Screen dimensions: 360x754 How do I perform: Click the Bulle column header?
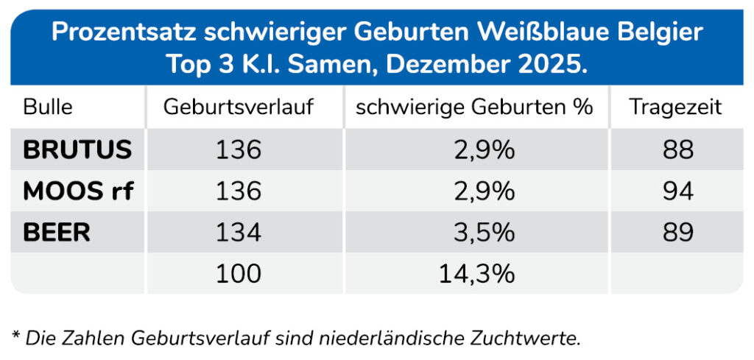[x=48, y=107]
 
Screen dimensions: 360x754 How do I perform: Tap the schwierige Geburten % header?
[x=474, y=107]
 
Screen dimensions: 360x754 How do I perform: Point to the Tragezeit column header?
[x=674, y=107]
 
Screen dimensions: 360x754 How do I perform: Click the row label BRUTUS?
[x=77, y=150]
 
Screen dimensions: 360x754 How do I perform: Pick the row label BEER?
[x=57, y=233]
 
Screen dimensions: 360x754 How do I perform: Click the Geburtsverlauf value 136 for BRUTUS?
[x=238, y=150]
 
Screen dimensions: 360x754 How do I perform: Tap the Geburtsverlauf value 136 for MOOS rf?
[x=238, y=191]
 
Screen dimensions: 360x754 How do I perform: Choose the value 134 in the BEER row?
[x=238, y=233]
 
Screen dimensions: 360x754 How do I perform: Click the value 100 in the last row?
[x=238, y=274]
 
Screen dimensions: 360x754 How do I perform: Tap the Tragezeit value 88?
[x=677, y=150]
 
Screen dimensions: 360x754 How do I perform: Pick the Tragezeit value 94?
[x=677, y=191]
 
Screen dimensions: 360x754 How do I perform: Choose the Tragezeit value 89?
[x=677, y=233]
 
